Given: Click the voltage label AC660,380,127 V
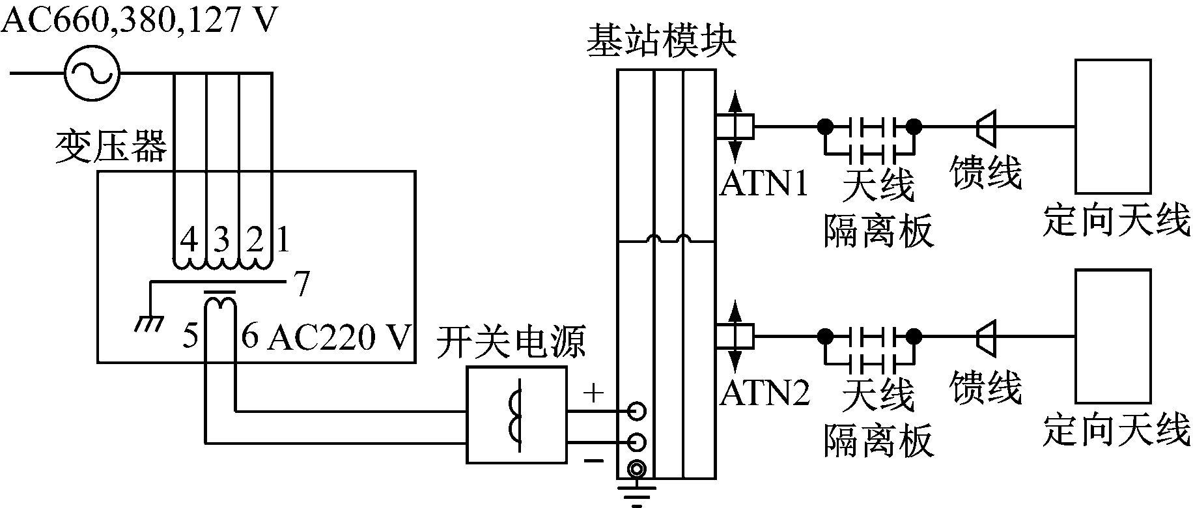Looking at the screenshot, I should [138, 21].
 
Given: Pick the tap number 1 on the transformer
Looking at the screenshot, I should [283, 240].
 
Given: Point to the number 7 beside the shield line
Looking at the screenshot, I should [301, 285].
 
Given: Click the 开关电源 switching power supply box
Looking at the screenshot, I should [517, 414].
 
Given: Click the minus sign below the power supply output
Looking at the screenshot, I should [593, 461].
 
